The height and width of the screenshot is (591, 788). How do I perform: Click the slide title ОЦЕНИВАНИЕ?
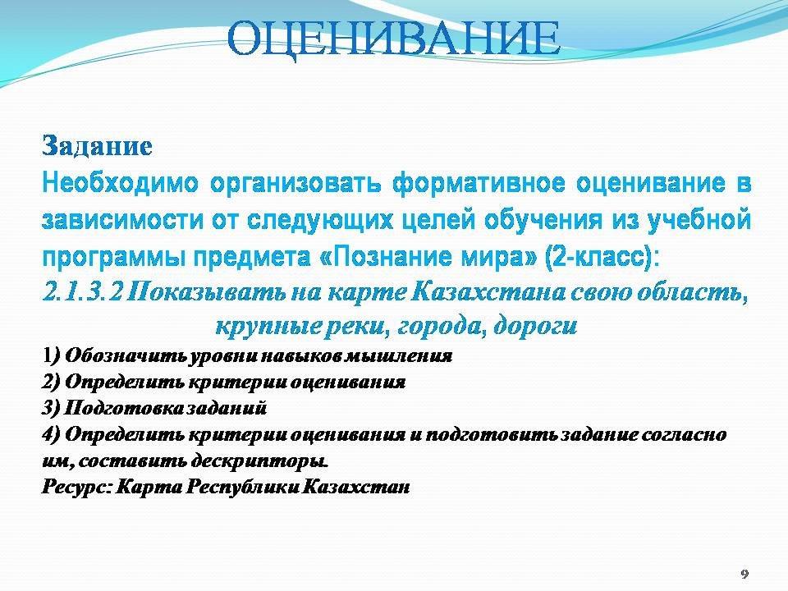(393, 40)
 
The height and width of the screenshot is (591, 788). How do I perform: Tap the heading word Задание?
(97, 147)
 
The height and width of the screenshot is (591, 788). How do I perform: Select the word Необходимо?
(121, 183)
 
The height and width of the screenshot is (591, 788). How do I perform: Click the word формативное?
(479, 183)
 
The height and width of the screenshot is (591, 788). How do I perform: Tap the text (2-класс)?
(601, 258)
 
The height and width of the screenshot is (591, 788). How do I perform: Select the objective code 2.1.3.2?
(82, 292)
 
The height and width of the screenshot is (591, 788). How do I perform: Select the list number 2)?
(51, 382)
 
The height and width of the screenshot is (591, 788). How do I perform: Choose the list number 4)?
(51, 434)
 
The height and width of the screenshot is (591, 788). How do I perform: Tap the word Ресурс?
(76, 487)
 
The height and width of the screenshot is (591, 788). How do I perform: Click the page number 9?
(744, 574)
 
